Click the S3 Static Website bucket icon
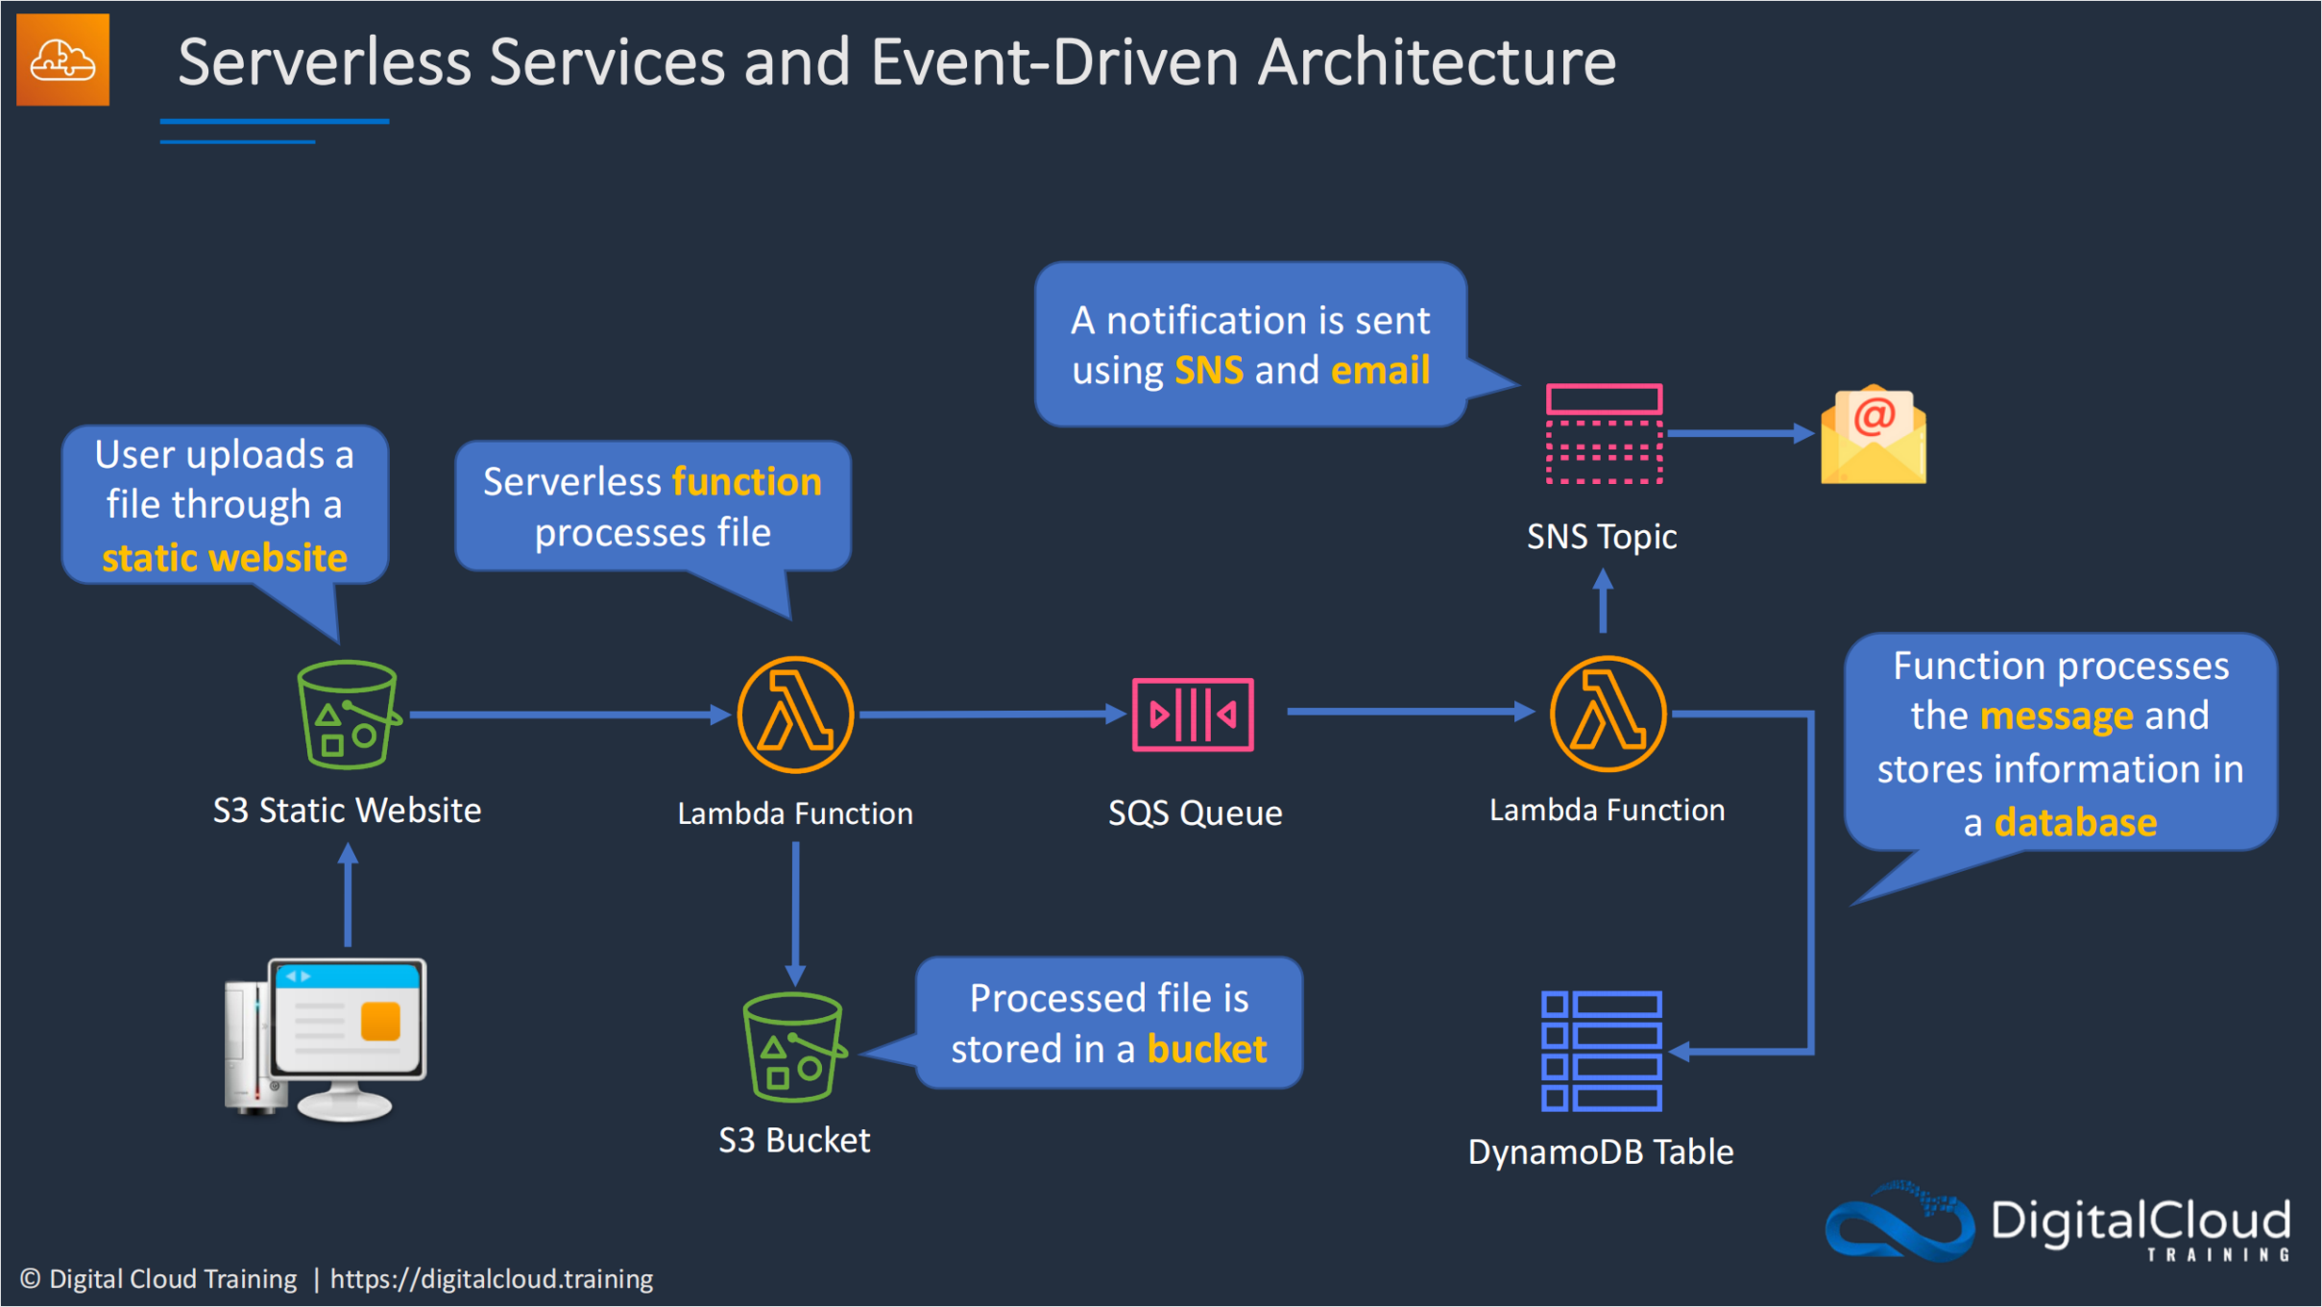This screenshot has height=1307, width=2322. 348,714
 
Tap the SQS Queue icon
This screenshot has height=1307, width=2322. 1193,714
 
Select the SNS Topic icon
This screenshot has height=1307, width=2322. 1604,434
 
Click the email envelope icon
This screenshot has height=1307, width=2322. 1873,435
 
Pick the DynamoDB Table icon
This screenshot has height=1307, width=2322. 1601,1051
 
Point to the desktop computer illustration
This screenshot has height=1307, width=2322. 326,1040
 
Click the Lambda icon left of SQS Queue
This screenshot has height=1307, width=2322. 795,714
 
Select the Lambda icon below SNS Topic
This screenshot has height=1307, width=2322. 1608,714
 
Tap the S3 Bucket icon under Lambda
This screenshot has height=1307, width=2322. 794,1048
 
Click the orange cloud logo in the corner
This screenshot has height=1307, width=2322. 62,60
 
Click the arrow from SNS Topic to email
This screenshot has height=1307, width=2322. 1740,434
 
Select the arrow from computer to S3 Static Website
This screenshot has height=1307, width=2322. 348,895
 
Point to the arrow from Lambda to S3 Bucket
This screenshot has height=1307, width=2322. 795,914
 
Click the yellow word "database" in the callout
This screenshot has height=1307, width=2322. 2075,823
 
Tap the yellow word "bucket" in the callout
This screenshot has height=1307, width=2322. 1207,1049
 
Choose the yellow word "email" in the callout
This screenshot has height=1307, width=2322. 1380,371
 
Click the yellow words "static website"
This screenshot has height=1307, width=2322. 225,558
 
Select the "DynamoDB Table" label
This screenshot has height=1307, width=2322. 1601,1151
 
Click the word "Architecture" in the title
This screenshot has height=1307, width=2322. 1437,61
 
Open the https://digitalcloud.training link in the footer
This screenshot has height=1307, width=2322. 492,1279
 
